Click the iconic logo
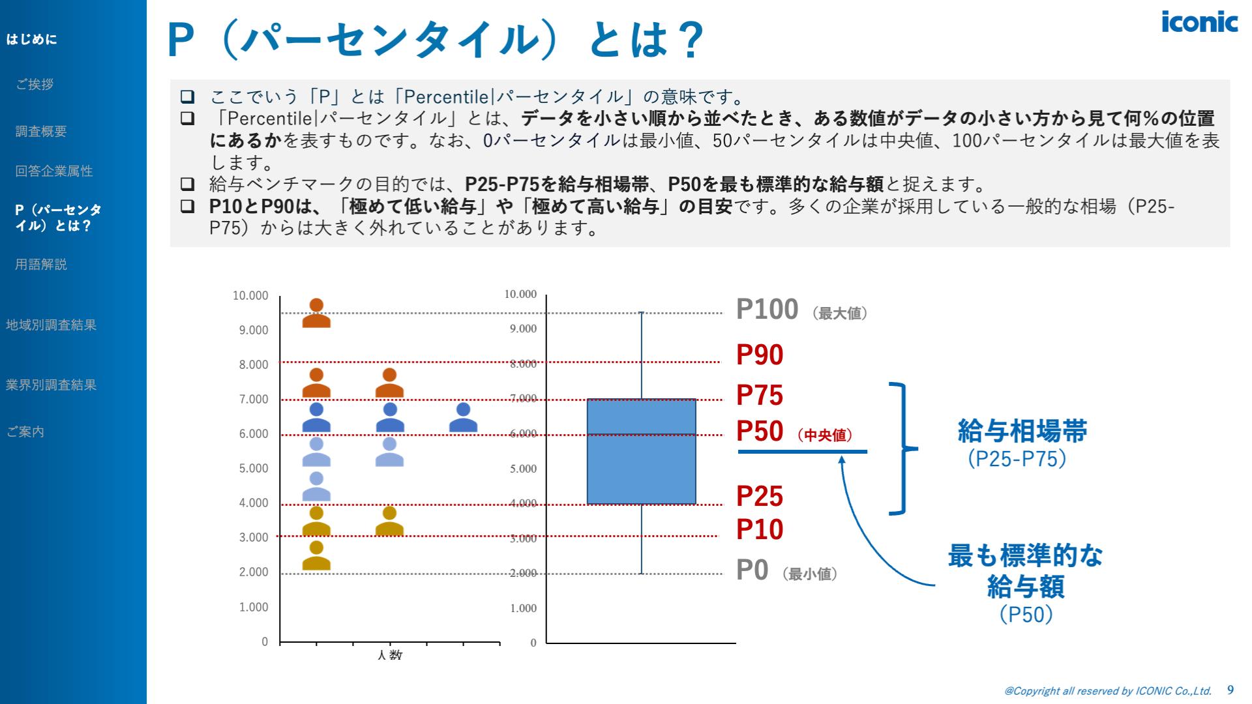1199,22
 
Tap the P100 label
767,310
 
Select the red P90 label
760,355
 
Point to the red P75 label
760,396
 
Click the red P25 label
760,497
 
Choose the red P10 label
760,529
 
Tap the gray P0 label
753,570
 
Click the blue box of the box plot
641,451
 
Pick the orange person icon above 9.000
316,313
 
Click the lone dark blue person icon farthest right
463,418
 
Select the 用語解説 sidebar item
41,265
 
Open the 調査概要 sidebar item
41,132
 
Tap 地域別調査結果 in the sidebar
51,325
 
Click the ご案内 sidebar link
25,432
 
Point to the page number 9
1230,690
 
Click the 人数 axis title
389,654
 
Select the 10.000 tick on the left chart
250,296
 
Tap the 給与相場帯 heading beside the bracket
1022,432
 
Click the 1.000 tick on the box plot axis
523,608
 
